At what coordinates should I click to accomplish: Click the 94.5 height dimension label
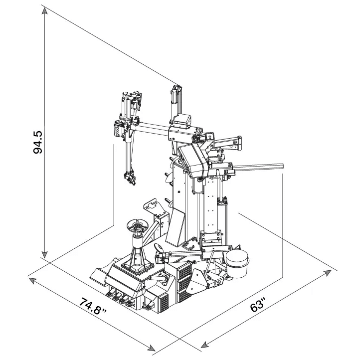click(x=38, y=142)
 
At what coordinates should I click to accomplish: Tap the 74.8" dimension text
click(x=93, y=306)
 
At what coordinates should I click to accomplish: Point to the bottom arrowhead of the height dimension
click(x=45, y=254)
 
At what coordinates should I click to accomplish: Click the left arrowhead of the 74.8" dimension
click(x=32, y=280)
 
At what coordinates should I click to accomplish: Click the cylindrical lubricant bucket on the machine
click(x=237, y=264)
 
